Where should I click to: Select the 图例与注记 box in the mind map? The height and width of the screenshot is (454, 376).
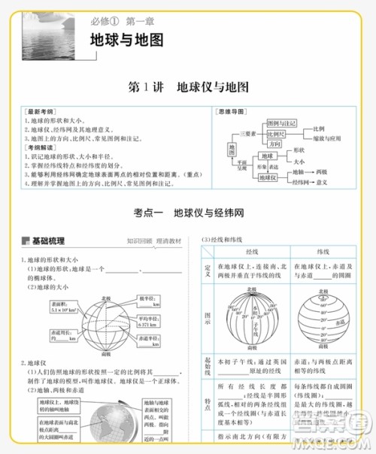[x=283, y=122]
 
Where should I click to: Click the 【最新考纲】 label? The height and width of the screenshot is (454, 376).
[x=36, y=111]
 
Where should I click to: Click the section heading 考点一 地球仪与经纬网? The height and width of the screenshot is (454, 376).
[x=188, y=213]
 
